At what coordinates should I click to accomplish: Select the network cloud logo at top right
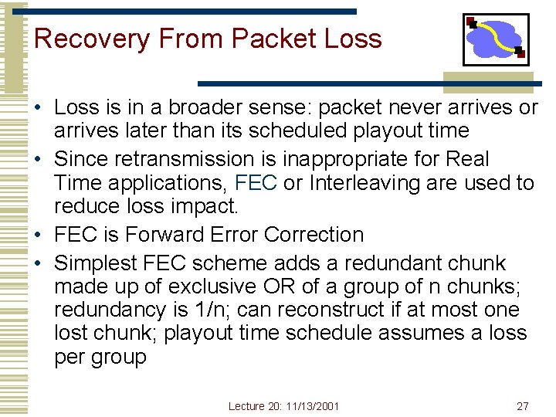[496, 39]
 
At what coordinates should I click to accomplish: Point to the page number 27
[523, 406]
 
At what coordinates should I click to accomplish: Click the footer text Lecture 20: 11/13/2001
[283, 406]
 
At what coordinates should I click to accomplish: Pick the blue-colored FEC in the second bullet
[250, 183]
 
